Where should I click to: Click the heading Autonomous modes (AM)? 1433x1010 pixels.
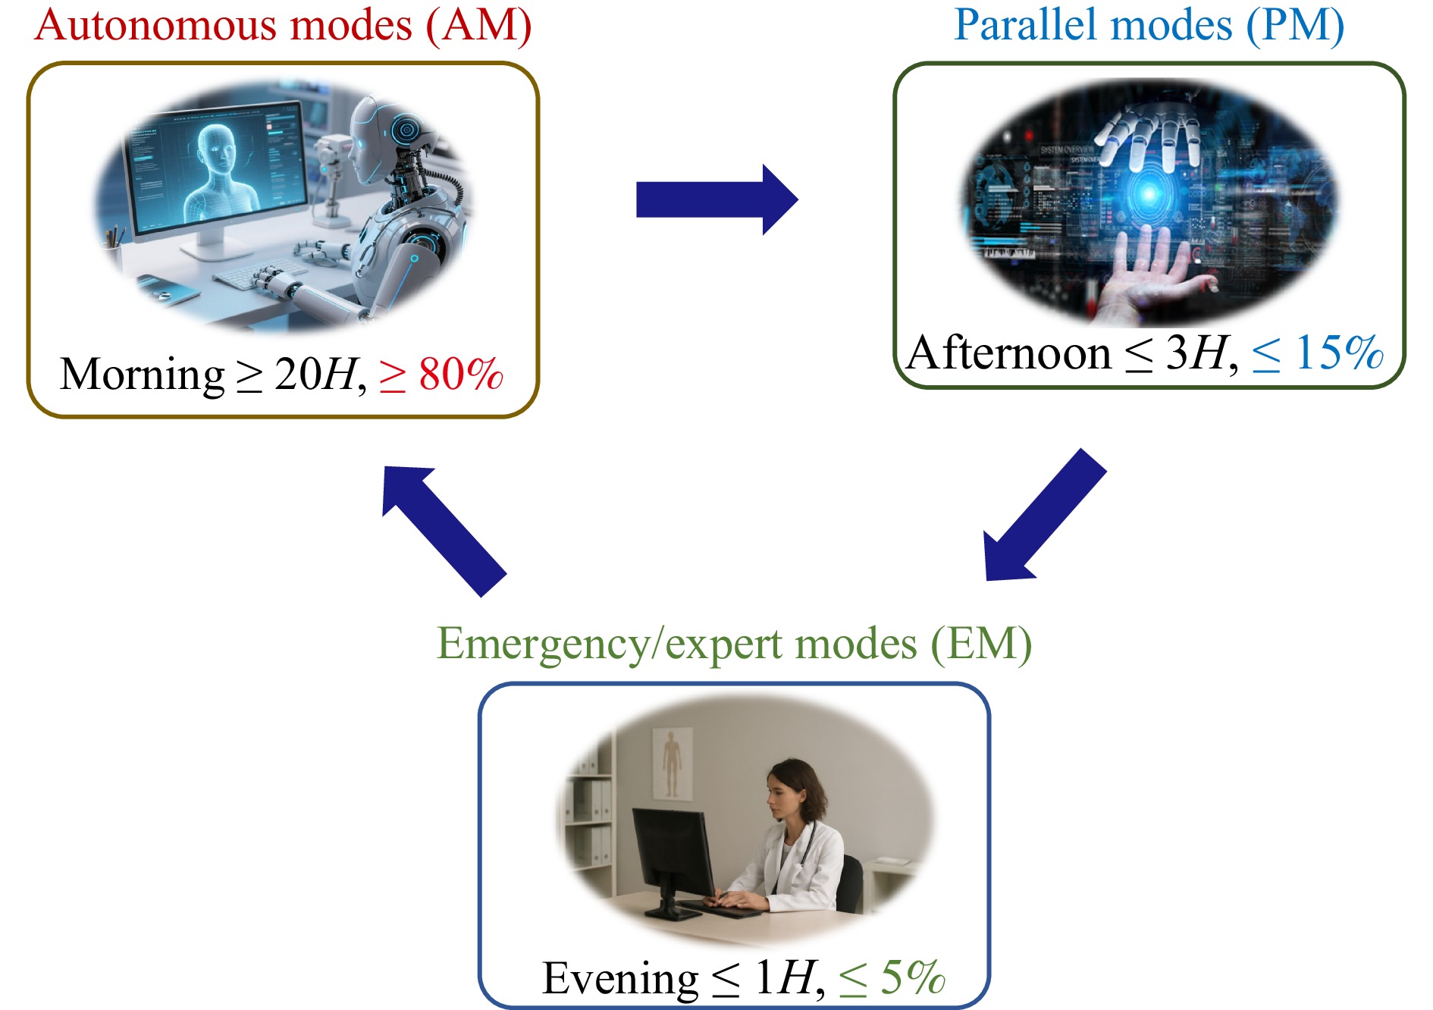pos(282,26)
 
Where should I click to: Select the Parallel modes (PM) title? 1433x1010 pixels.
pos(1149,26)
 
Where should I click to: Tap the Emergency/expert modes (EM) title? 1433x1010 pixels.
pos(734,645)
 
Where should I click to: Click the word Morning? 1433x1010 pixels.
pos(142,375)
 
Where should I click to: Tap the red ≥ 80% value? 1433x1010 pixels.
pos(441,375)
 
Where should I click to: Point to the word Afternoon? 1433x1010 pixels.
pos(1008,353)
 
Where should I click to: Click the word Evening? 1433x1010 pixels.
pos(619,978)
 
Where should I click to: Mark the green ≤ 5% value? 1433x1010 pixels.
pos(892,978)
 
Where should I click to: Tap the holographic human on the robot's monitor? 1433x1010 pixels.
pos(218,171)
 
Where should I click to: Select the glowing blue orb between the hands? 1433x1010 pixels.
pos(1149,193)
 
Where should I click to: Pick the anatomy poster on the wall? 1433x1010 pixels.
pos(672,762)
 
